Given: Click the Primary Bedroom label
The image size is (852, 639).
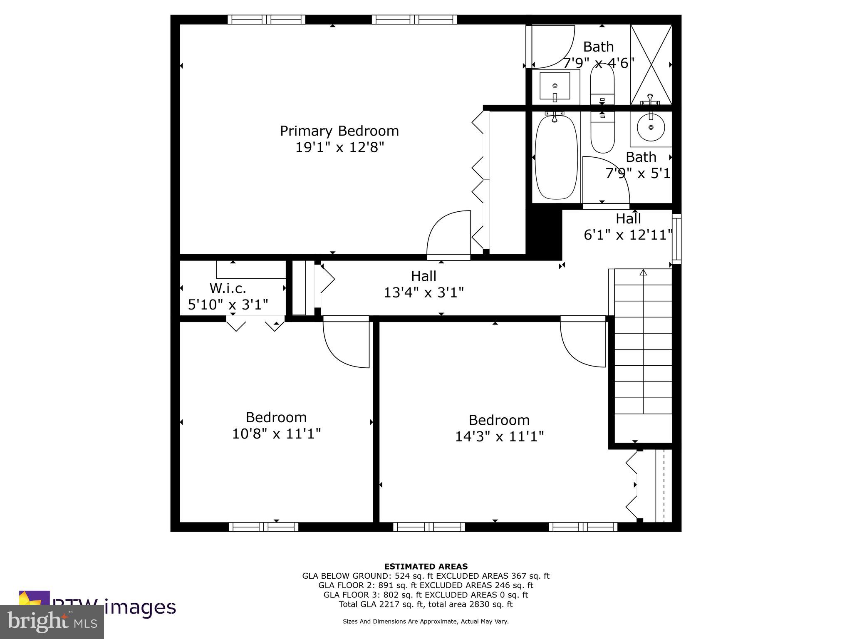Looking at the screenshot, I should click(x=339, y=131).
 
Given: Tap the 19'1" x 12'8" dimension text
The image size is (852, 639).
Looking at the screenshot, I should click(x=339, y=147).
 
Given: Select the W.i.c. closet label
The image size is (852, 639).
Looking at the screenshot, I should click(x=228, y=288).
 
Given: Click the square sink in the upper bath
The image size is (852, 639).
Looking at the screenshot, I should click(x=555, y=86).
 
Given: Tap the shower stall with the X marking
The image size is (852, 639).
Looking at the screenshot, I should click(x=651, y=64).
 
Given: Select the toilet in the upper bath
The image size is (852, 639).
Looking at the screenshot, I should click(x=602, y=85).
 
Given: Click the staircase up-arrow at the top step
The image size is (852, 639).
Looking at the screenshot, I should click(x=643, y=273).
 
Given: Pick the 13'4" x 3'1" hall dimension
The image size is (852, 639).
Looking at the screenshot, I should click(x=424, y=292).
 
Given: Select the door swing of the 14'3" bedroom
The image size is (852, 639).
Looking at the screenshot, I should click(x=582, y=343).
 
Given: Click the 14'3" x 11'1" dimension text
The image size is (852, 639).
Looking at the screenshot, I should click(x=499, y=437).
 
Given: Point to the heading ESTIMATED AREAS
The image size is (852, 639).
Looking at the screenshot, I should click(x=426, y=566).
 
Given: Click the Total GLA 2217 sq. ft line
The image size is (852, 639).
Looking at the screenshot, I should click(x=426, y=604).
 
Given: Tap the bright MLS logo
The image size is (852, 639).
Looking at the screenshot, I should click(x=52, y=622).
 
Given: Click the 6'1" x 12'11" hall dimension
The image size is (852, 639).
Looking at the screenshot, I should click(x=628, y=235).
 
